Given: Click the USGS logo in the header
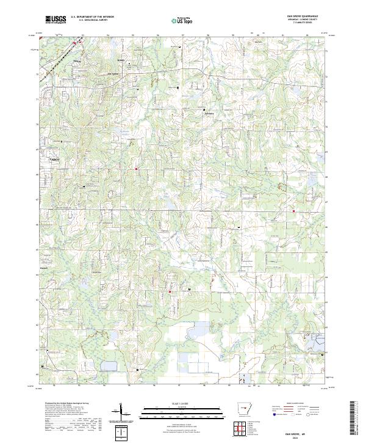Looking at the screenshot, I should click(x=56, y=20).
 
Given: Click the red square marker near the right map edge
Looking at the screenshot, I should click(x=293, y=211).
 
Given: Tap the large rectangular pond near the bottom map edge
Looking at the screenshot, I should click(x=110, y=366).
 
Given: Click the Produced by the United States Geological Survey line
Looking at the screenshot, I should click(x=63, y=404).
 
